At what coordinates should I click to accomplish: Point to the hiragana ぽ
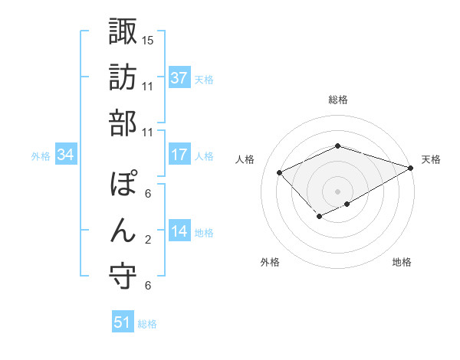(x=123, y=185)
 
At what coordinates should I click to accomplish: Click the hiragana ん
(x=123, y=231)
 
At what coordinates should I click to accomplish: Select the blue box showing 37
(x=179, y=77)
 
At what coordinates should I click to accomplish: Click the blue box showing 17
(x=179, y=154)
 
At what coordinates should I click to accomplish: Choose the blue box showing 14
(x=179, y=231)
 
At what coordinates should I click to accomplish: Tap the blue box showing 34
(x=66, y=155)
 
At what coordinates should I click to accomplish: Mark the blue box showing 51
(x=123, y=322)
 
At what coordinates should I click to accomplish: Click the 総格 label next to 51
(x=147, y=324)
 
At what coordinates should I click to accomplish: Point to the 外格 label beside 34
(x=41, y=156)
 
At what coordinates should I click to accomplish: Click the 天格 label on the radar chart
(x=431, y=159)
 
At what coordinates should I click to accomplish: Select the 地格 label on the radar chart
(x=402, y=262)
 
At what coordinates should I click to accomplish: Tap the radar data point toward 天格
(x=412, y=168)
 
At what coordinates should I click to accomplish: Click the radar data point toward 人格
(x=280, y=173)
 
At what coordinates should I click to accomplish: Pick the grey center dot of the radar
(x=337, y=190)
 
